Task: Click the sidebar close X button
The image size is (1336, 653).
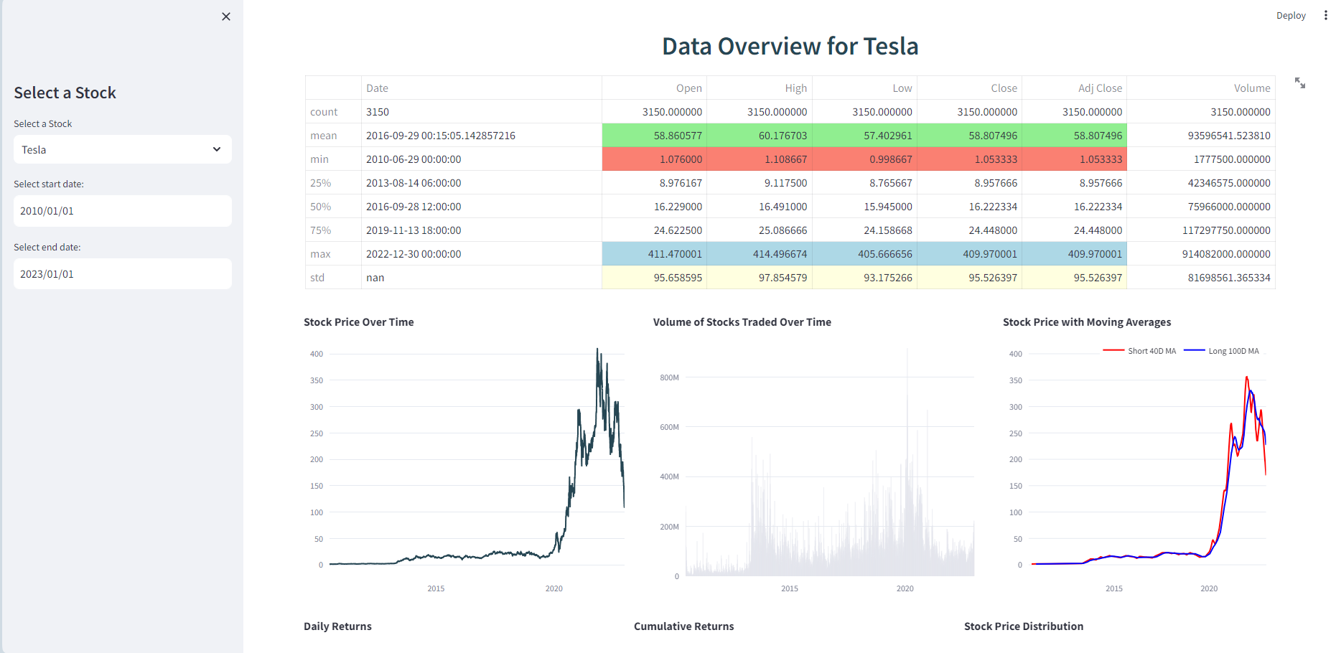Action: (x=226, y=17)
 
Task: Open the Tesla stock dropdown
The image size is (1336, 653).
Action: (x=122, y=149)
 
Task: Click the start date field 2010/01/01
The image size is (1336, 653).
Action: (x=122, y=211)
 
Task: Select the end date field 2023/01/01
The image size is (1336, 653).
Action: (x=122, y=274)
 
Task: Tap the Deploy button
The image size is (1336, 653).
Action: (x=1290, y=16)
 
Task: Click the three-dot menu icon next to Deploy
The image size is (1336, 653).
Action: (x=1325, y=16)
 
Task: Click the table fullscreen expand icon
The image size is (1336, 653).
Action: (x=1299, y=83)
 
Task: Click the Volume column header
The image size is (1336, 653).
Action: (x=1251, y=88)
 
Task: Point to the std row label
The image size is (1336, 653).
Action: (x=317, y=278)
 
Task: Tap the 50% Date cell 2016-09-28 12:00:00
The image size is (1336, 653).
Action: (x=414, y=207)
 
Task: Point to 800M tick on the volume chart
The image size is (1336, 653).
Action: (x=669, y=377)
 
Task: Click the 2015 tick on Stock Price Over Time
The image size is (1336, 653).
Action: (x=436, y=588)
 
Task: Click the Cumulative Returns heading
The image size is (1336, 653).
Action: (x=683, y=626)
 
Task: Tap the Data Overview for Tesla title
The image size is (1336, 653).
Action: (x=790, y=47)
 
